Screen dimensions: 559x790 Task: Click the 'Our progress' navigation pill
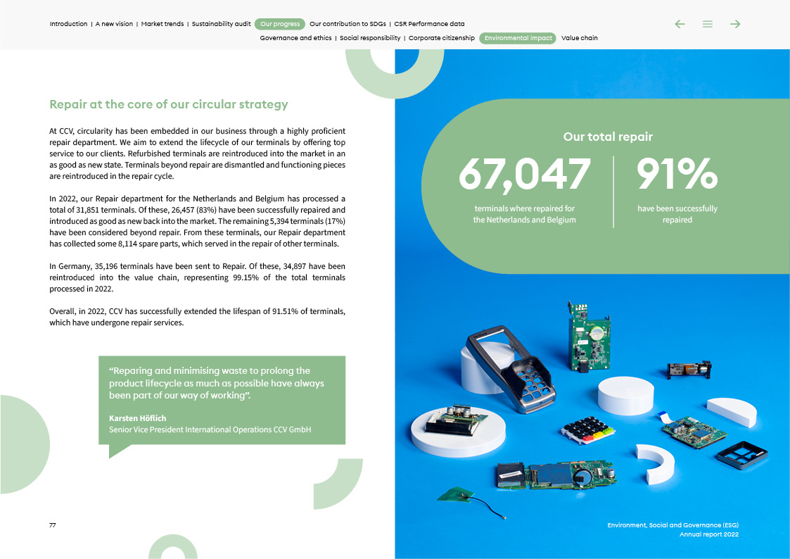[x=280, y=24]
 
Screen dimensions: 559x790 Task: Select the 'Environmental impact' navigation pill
[x=518, y=38]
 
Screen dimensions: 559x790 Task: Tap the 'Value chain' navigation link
[x=579, y=38]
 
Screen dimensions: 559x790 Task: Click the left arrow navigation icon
[x=680, y=24]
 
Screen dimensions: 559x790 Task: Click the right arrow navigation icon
[x=735, y=24]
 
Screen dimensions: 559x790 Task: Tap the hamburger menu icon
[x=708, y=24]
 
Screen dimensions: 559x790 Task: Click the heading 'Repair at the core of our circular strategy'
[x=169, y=105]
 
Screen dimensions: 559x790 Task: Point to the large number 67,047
[x=525, y=174]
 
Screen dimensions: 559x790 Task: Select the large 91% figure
[x=677, y=174]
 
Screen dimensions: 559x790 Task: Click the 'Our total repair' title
[x=608, y=137]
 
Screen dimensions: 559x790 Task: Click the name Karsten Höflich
[x=138, y=418]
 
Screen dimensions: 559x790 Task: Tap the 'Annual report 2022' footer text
[x=708, y=534]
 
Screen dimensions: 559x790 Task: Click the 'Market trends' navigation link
[x=163, y=24]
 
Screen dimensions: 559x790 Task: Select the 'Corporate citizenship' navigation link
[x=441, y=38]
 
